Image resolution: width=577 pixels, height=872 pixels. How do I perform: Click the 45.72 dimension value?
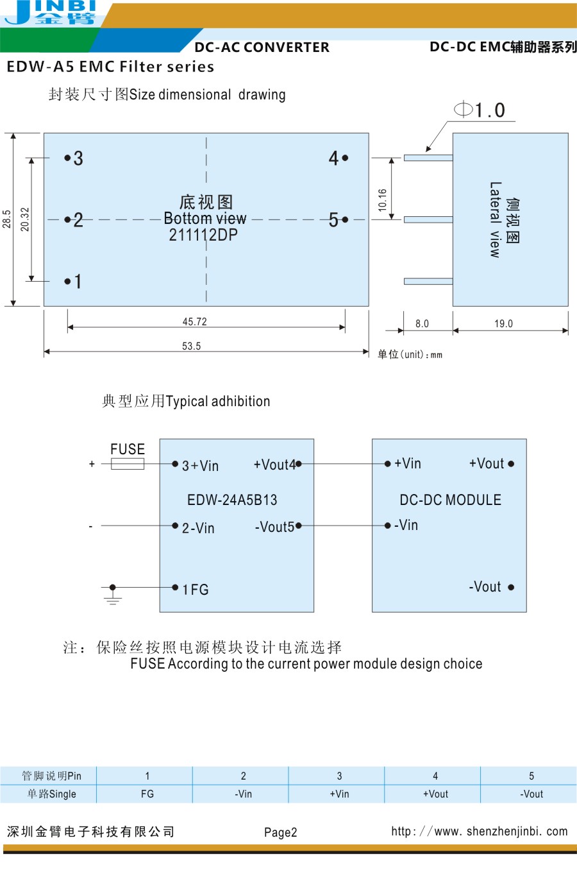[194, 321]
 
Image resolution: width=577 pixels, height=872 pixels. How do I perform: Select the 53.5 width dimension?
[191, 346]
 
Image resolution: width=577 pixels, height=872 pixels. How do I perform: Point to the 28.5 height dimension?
[7, 219]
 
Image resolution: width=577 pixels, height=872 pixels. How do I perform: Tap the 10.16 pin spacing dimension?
[383, 200]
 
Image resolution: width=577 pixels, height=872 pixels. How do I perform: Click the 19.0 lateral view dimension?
[503, 323]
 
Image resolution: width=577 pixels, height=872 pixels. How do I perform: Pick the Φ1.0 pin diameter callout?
[481, 110]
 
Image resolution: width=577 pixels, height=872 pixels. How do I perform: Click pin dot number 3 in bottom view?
[67, 158]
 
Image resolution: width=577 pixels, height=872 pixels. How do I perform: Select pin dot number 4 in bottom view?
[345, 158]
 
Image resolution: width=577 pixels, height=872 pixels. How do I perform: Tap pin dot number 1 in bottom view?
[67, 281]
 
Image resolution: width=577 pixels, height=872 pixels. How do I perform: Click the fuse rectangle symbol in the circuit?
[127, 464]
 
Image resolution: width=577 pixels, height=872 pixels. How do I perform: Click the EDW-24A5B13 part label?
[232, 500]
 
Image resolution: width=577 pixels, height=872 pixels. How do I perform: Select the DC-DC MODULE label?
[450, 500]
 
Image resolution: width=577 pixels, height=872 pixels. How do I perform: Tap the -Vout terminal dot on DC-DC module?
[511, 587]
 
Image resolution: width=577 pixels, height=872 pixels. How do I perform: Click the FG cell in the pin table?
[147, 794]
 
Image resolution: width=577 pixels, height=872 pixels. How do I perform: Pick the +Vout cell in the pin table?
[435, 794]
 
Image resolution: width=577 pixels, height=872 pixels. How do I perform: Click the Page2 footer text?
[281, 832]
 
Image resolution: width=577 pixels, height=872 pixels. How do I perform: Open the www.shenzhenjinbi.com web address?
[480, 832]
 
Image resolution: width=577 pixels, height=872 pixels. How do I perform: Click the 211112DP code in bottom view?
[203, 235]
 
